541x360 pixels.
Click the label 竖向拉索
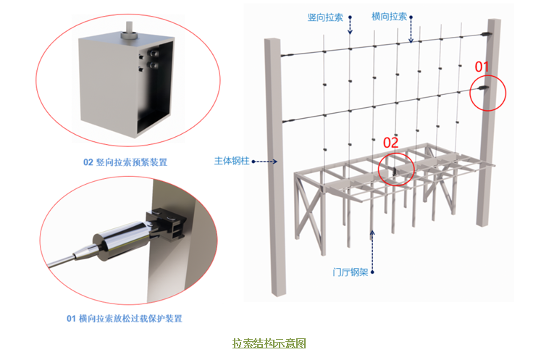click(325, 17)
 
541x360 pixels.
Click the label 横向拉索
click(389, 17)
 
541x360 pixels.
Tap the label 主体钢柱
click(232, 161)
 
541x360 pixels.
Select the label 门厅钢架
click(351, 272)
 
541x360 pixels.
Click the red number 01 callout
click(482, 67)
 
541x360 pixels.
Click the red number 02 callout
click(390, 143)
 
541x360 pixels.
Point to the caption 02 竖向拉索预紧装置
click(125, 162)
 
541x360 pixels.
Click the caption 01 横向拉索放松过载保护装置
click(125, 318)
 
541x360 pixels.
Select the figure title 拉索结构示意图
click(269, 343)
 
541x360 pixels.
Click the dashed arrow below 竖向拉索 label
click(350, 25)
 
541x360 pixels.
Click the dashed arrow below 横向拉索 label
click(411, 30)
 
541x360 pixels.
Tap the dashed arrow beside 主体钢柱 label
click(264, 162)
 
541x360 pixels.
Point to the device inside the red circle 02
click(395, 170)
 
